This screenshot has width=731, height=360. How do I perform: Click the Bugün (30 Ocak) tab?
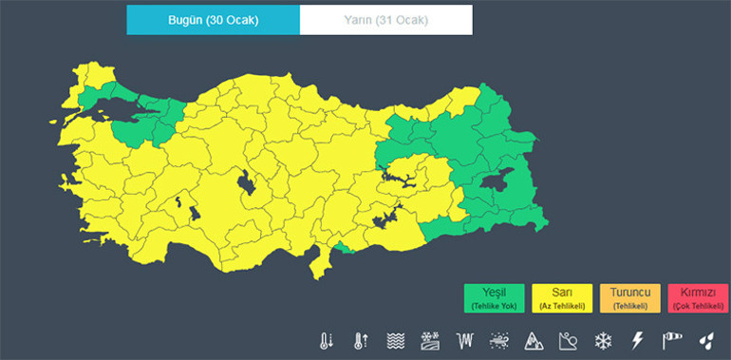click(x=213, y=20)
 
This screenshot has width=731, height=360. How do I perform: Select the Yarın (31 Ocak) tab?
click(x=385, y=20)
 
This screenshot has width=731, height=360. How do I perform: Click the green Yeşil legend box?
click(x=495, y=298)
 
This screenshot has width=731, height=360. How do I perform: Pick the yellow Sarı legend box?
click(x=562, y=298)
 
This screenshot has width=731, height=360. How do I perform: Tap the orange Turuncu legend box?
click(x=629, y=298)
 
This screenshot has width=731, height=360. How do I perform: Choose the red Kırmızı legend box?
click(x=697, y=298)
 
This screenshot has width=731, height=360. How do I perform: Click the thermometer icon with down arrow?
click(x=327, y=340)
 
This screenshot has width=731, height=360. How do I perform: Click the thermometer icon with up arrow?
click(x=361, y=340)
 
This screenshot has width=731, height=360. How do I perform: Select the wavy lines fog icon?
click(x=396, y=340)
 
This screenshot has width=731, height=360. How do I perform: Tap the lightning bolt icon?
click(x=637, y=340)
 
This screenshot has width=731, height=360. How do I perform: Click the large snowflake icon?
click(x=603, y=340)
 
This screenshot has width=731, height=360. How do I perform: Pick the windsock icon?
click(x=672, y=340)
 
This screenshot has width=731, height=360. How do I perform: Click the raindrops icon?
click(x=705, y=340)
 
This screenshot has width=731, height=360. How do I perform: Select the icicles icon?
click(x=464, y=340)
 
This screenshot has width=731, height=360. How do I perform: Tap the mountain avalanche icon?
click(x=534, y=340)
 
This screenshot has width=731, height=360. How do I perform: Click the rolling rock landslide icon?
click(x=568, y=340)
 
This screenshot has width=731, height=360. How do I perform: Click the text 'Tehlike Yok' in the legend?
click(x=495, y=306)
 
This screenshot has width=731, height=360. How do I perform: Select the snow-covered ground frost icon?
click(x=430, y=340)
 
